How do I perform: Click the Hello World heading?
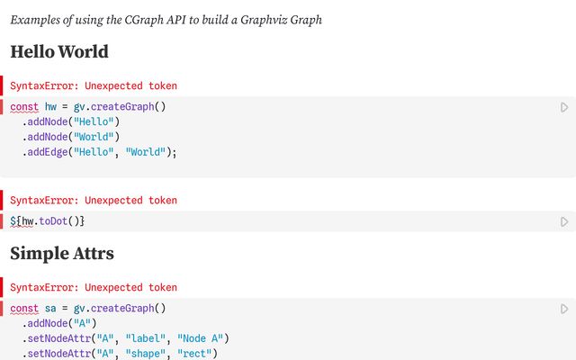pos(59,51)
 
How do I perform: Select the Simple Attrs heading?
pos(62,253)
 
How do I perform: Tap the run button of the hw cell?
pos(564,107)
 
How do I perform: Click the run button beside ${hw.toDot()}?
pos(564,222)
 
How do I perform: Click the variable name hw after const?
pos(50,106)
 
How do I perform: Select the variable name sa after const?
pos(50,308)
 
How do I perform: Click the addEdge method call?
pos(48,152)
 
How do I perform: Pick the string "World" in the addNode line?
pos(94,137)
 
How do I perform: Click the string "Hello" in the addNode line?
pos(94,121)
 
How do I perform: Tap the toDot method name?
pos(53,221)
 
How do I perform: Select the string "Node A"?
pos(200,338)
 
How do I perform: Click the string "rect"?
pos(194,354)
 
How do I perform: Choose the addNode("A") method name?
pos(48,323)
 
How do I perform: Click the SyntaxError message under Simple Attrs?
pos(94,287)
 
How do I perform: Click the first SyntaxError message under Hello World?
pos(94,85)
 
